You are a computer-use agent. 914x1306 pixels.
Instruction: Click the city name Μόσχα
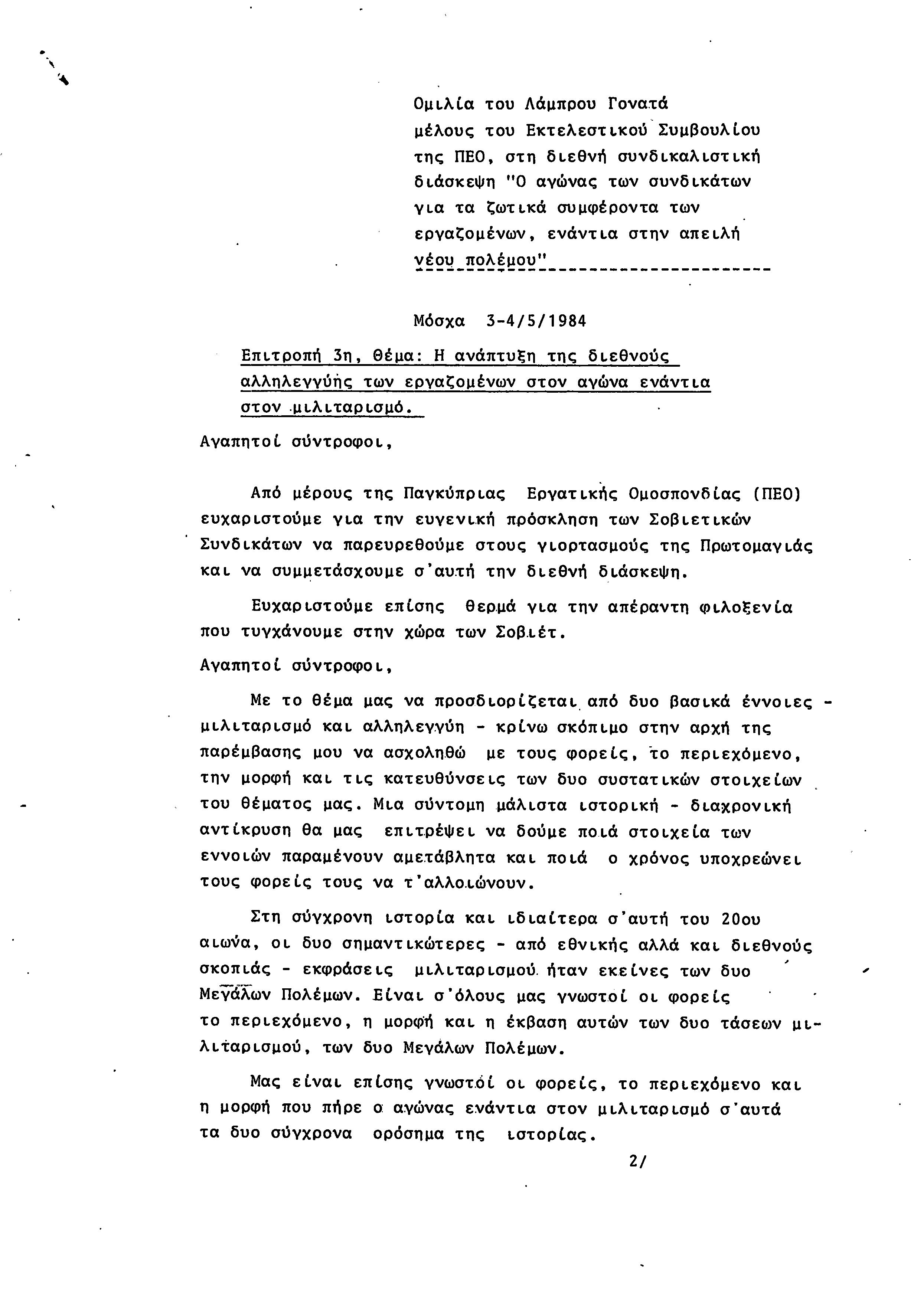pos(439,321)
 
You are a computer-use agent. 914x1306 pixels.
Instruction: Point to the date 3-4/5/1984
pos(536,321)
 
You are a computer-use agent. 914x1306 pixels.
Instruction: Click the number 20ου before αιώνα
pos(740,920)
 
